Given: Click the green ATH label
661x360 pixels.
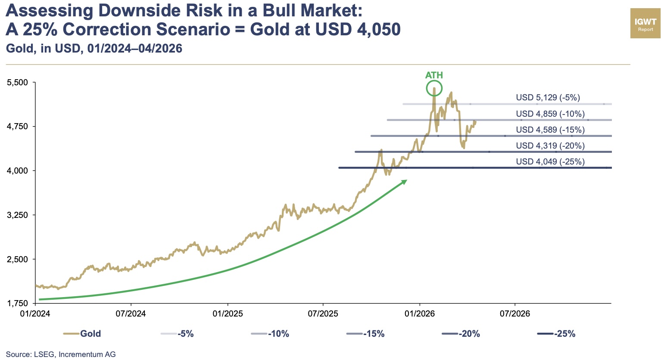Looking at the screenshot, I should (434, 75).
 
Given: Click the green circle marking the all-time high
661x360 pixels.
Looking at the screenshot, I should (434, 89).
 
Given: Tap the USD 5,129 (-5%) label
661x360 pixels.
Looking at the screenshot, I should (548, 98).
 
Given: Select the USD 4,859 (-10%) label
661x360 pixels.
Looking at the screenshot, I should (550, 114).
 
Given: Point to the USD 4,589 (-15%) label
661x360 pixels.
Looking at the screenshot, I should (550, 130).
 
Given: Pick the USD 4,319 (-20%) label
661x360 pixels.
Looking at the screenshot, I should (550, 146).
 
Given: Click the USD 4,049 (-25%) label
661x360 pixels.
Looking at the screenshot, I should (550, 162).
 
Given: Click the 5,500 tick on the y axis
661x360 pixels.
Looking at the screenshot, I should (18, 82).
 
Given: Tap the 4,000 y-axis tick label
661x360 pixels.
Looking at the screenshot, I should (18, 171).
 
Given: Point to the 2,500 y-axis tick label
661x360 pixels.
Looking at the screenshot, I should (18, 259).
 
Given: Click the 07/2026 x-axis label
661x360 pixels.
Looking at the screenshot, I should (514, 313).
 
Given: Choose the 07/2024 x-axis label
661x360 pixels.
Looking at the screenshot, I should (131, 313).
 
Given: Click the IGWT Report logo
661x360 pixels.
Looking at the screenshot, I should (645, 23).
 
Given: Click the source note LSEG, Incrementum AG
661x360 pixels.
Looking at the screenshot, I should (61, 354).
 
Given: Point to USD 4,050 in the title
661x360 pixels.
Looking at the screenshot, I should (358, 29).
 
